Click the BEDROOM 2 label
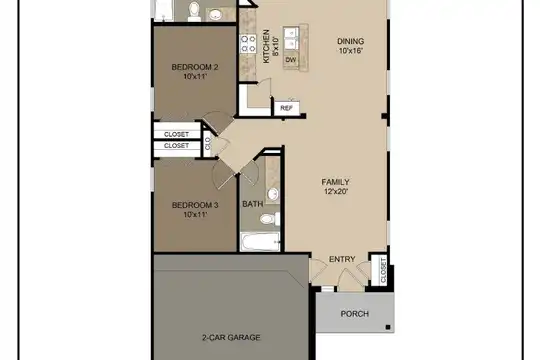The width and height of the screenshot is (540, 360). click(195, 67)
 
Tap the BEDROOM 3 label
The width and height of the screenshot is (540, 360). click(195, 205)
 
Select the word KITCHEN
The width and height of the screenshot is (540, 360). click(266, 47)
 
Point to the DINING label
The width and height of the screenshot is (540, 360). click(351, 41)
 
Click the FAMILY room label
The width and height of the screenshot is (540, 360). click(335, 182)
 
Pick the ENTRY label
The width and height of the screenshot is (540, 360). click(342, 259)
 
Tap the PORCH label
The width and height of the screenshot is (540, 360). click(355, 314)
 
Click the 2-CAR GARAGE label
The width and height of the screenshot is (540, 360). click(231, 337)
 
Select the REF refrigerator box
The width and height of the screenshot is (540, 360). click(287, 108)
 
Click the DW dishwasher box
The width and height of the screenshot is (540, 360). click(291, 60)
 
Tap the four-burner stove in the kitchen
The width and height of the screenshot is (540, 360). click(248, 44)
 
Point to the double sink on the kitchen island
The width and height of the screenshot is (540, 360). click(291, 39)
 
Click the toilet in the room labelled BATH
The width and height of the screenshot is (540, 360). click(270, 219)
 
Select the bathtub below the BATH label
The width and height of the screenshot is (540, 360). click(260, 242)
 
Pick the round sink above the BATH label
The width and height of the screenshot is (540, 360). click(273, 193)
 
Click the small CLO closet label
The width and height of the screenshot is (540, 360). click(208, 143)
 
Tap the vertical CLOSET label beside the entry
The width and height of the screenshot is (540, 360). click(383, 270)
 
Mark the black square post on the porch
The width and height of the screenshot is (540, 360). click(388, 327)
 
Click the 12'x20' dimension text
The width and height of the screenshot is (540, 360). click(336, 192)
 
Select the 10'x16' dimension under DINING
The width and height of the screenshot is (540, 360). click(351, 51)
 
